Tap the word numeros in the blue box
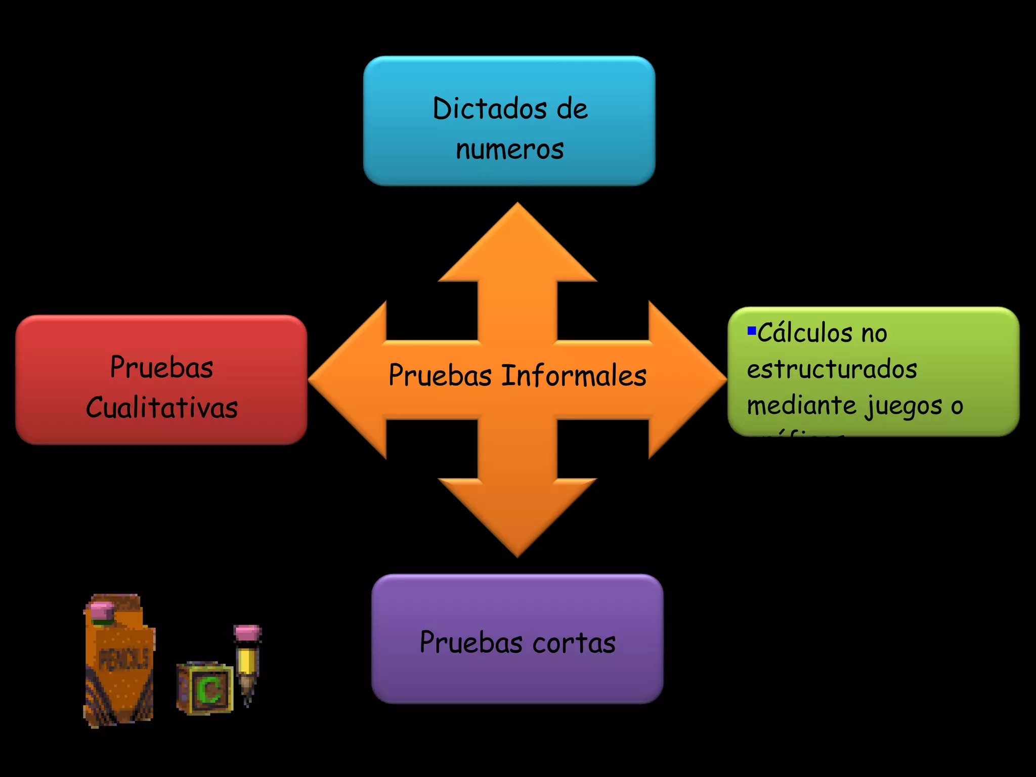point(509,150)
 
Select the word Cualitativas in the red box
point(161,408)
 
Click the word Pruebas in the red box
point(161,367)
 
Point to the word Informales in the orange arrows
point(574,376)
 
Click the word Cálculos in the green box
point(804,333)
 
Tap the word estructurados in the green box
point(832,369)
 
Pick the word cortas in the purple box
point(574,643)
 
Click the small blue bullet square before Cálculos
point(752,331)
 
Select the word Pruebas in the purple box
point(471,643)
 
